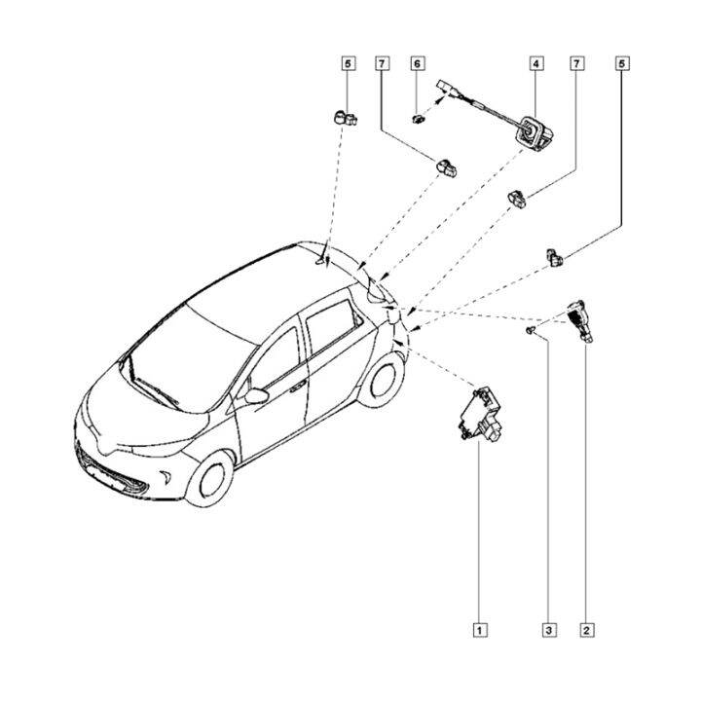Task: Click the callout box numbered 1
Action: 479,629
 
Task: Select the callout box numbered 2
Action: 586,629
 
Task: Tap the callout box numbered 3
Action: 549,629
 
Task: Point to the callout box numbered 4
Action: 536,63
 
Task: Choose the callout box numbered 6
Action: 418,63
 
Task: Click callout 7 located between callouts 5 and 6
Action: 383,63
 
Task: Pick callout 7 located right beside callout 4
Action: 577,63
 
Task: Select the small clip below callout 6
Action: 420,120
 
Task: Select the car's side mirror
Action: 256,395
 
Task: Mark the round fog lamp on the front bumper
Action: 170,478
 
